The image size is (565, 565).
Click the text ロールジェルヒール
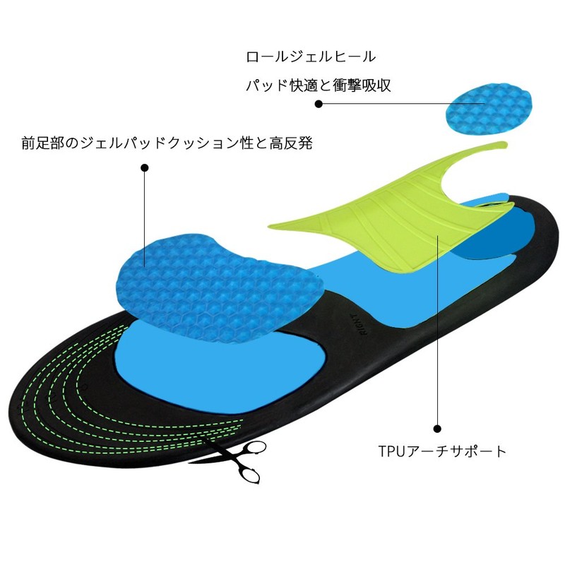click(310, 56)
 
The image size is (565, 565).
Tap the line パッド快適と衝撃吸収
click(318, 85)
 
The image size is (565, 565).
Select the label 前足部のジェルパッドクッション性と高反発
click(167, 143)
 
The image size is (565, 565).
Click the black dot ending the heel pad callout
click(319, 104)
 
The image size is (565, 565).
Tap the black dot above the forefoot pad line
click(145, 168)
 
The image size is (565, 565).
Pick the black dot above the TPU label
click(437, 428)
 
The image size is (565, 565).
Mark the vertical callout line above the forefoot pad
click(145, 212)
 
